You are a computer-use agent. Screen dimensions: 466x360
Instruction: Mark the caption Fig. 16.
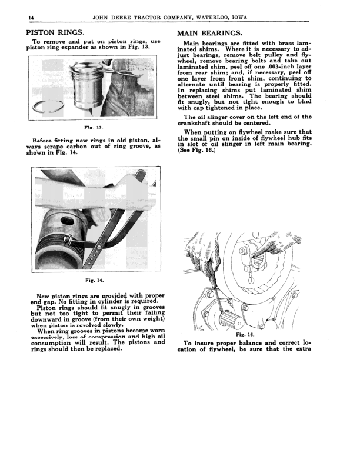[x=244, y=335]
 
